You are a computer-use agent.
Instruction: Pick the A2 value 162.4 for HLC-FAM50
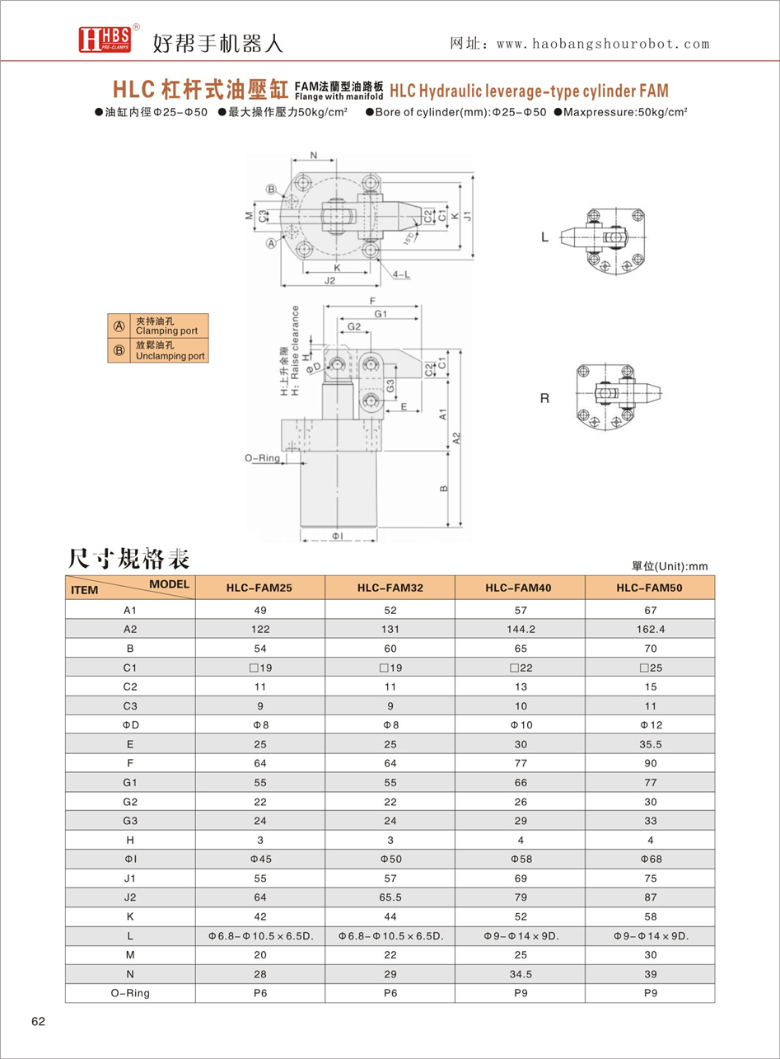coord(649,629)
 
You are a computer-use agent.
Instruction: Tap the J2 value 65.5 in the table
coord(390,896)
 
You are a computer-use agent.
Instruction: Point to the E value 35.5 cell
coord(649,745)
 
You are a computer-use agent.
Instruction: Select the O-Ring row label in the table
coord(129,993)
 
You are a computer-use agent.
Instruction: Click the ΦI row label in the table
coord(129,857)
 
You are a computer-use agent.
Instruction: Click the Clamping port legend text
coord(166,326)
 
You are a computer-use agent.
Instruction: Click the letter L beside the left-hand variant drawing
coord(544,237)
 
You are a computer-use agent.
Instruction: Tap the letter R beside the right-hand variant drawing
coord(544,399)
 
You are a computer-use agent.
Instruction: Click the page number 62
coord(39,1022)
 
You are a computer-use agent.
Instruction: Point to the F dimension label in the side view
coord(372,301)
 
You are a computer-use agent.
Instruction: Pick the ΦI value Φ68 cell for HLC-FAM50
coord(649,857)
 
